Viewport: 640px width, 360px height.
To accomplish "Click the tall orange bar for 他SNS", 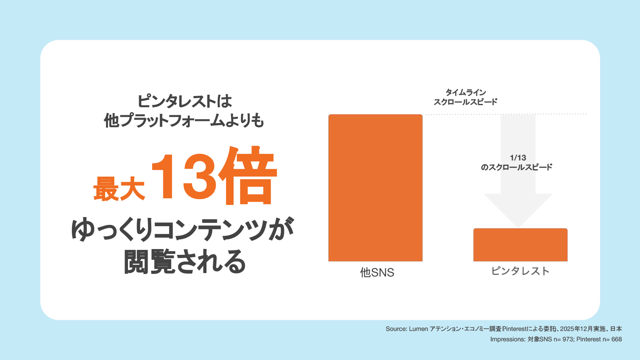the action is click(x=375, y=188).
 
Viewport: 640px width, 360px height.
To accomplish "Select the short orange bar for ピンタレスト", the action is click(x=520, y=244).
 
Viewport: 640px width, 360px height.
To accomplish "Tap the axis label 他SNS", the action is click(x=377, y=273).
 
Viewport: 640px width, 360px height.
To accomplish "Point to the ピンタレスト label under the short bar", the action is click(x=520, y=271).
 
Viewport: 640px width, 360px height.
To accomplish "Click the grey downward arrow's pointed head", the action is click(x=518, y=227).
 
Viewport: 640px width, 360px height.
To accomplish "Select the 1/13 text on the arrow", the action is click(x=518, y=158).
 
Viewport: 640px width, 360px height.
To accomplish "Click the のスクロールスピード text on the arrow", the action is click(x=517, y=167).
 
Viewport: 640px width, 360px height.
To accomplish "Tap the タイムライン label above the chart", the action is click(x=466, y=92).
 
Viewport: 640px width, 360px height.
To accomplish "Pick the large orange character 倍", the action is click(x=247, y=175).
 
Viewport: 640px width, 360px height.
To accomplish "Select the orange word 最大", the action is click(x=119, y=189).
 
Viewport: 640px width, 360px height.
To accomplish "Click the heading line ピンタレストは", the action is click(x=185, y=101).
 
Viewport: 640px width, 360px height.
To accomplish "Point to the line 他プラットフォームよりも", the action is click(x=184, y=120).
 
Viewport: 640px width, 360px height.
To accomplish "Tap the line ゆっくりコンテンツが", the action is click(x=182, y=229).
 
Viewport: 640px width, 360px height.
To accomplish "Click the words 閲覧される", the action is click(x=185, y=261).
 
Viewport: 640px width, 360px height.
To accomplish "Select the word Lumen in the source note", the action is click(x=418, y=329).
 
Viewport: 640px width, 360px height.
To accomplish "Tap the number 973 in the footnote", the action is click(x=568, y=339).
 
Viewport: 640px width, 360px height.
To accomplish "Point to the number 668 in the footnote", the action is click(x=617, y=339).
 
